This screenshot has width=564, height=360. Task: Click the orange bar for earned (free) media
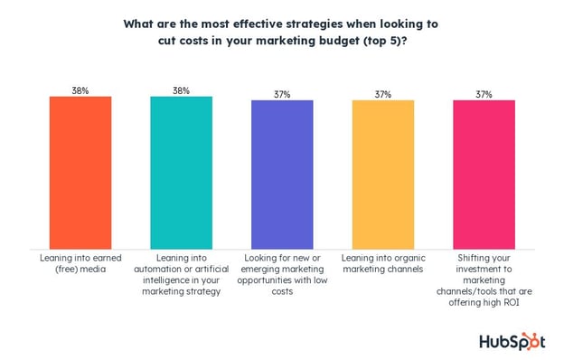click(80, 171)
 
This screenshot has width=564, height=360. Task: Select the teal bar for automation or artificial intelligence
click(181, 171)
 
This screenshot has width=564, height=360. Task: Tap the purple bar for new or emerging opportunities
click(282, 173)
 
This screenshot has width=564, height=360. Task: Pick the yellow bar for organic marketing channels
click(383, 173)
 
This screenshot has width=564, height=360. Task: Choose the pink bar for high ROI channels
click(484, 173)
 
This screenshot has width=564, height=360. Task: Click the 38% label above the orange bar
click(80, 90)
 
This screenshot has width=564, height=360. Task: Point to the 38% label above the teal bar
click(181, 90)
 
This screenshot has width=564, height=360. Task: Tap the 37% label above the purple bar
click(282, 93)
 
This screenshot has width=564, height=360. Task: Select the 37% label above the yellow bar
click(383, 93)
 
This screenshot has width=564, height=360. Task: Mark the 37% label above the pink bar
click(484, 93)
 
